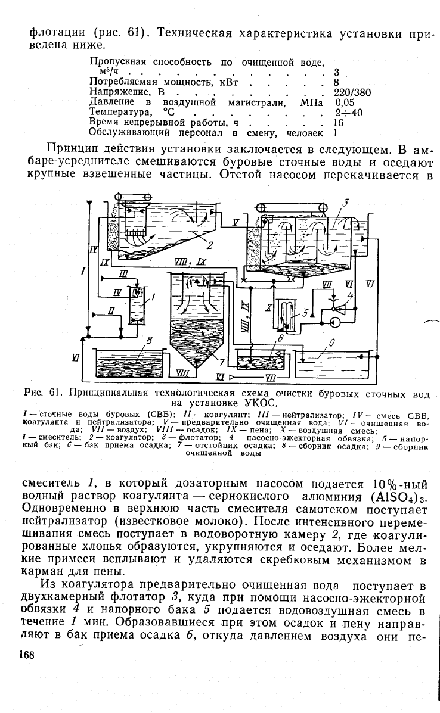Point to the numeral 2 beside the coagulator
pos(210,245)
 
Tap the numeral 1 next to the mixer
pos(154,297)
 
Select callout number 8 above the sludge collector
pos(149,340)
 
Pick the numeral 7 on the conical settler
pos(210,362)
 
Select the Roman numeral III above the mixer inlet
pos(123,274)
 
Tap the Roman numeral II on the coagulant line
pos(111,310)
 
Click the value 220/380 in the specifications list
pos(352,92)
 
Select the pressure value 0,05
pos(345,102)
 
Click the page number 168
pos(27,655)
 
